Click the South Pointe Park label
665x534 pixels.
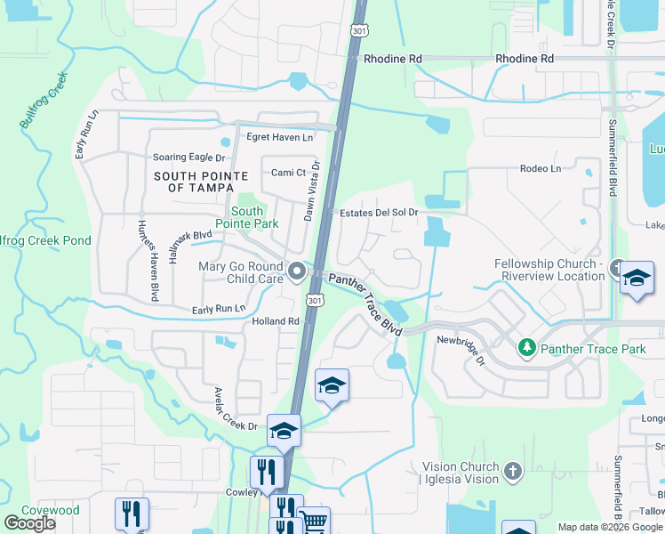[x=247, y=218]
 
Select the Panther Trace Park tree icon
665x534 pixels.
[x=527, y=347]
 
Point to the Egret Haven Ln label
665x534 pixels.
[x=280, y=137]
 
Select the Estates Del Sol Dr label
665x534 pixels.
[x=379, y=213]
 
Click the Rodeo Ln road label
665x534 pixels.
[x=541, y=169]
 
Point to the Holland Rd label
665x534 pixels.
[x=275, y=321]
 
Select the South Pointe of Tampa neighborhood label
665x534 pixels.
[x=201, y=182]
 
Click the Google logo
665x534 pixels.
[x=30, y=522]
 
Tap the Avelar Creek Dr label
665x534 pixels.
[x=236, y=409]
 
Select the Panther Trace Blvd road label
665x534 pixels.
[x=365, y=303]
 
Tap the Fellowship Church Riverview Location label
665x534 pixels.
[x=549, y=270]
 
